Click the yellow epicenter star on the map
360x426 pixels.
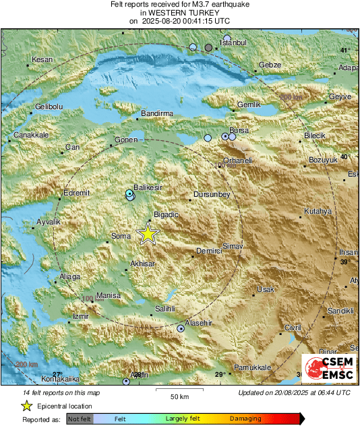coord(148,233)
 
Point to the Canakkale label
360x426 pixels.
coord(31,135)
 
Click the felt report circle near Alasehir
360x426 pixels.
coord(181,329)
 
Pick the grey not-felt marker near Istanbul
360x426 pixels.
coord(209,47)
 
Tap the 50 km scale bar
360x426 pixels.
coord(179,390)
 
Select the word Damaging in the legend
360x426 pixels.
coord(245,419)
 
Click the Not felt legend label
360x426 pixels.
coord(81,419)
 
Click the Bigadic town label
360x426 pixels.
coord(167,214)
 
